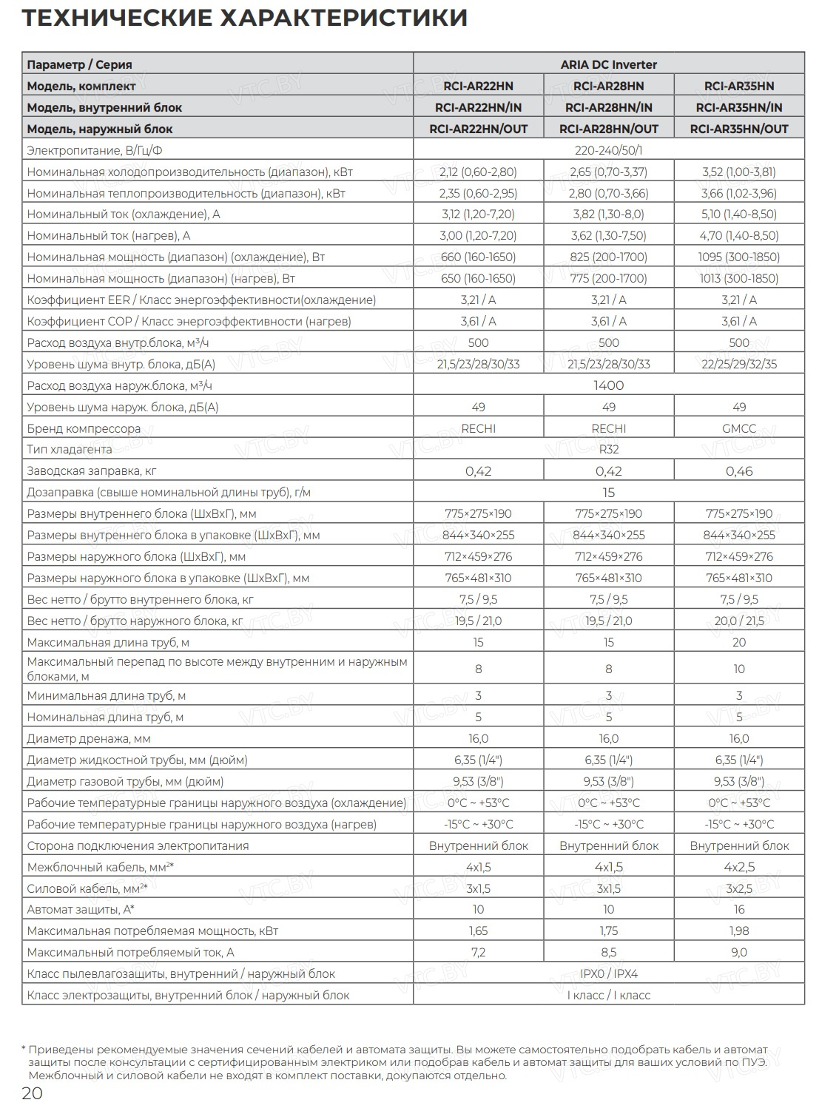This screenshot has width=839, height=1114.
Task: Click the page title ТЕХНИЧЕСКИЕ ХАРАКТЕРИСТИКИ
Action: tap(244, 17)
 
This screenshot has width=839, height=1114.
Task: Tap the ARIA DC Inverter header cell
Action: tap(608, 64)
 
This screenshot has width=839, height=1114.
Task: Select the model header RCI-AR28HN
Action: tap(608, 86)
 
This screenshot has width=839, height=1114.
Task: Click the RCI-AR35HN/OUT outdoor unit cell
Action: tap(738, 129)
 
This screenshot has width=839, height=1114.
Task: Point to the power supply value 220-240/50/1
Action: tap(608, 150)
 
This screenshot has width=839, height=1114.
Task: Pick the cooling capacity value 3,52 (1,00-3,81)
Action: tap(738, 172)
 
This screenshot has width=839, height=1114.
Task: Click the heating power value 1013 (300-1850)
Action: tap(738, 279)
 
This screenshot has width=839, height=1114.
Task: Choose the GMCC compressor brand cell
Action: tap(738, 428)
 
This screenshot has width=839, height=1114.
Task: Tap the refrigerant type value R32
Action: tap(608, 450)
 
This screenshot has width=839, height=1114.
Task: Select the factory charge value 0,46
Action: tap(738, 471)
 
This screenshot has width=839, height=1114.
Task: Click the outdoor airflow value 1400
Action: tap(608, 385)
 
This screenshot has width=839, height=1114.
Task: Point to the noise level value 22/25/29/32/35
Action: tap(738, 364)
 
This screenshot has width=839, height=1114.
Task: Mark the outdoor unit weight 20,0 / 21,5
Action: tap(738, 621)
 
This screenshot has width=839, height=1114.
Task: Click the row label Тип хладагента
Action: tap(70, 450)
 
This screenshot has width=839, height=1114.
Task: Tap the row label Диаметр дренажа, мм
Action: tap(88, 738)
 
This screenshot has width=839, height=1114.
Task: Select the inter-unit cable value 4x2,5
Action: tap(738, 867)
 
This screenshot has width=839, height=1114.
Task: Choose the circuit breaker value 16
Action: tap(738, 909)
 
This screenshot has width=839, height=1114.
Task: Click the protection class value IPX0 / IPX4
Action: tap(608, 973)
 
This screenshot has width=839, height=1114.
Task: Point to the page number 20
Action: tap(32, 1093)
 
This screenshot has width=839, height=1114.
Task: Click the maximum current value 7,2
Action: tap(478, 952)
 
